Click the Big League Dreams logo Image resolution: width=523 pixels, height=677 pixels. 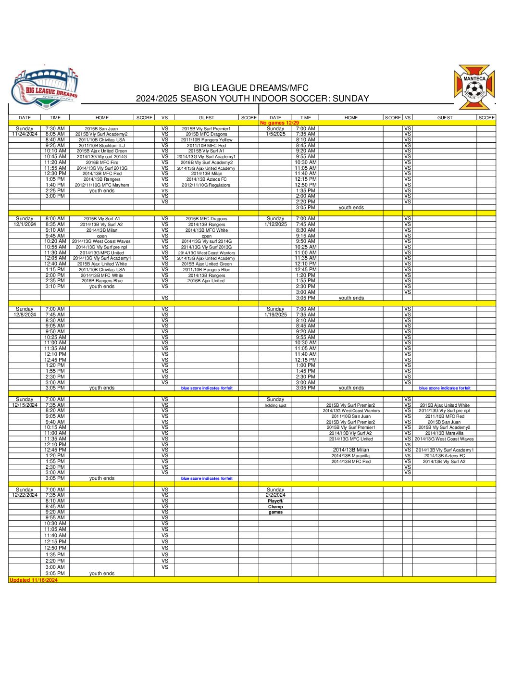coord(45,87)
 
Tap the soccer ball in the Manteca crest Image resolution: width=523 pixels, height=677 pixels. coord(474,88)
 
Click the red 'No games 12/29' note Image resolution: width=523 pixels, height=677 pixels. coord(279,123)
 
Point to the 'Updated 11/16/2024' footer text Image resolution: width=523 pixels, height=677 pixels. coord(34,580)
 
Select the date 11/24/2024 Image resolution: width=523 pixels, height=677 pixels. coord(25,134)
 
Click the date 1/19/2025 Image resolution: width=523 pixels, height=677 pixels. coord(275,315)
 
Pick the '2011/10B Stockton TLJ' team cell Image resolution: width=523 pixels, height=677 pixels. coord(101,146)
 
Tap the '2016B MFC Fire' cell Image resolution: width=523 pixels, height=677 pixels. coord(101,163)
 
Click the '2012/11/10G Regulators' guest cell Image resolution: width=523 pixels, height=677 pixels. coord(206,185)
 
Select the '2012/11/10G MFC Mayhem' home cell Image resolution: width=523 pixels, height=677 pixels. coord(101,185)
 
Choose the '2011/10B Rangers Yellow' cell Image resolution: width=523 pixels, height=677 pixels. coord(206,140)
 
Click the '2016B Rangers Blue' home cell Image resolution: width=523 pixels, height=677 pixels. coord(101,281)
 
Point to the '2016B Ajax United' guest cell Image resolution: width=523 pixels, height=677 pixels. coord(206,281)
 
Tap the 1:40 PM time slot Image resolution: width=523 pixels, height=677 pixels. coord(55,185)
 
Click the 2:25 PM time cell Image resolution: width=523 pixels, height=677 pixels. coord(55,191)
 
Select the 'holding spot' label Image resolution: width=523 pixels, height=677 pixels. coord(275,405)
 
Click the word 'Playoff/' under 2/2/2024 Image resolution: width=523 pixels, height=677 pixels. coord(275,501)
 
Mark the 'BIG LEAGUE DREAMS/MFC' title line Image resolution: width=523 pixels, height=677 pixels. coord(251,88)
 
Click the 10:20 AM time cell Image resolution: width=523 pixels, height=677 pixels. coord(55,241)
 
